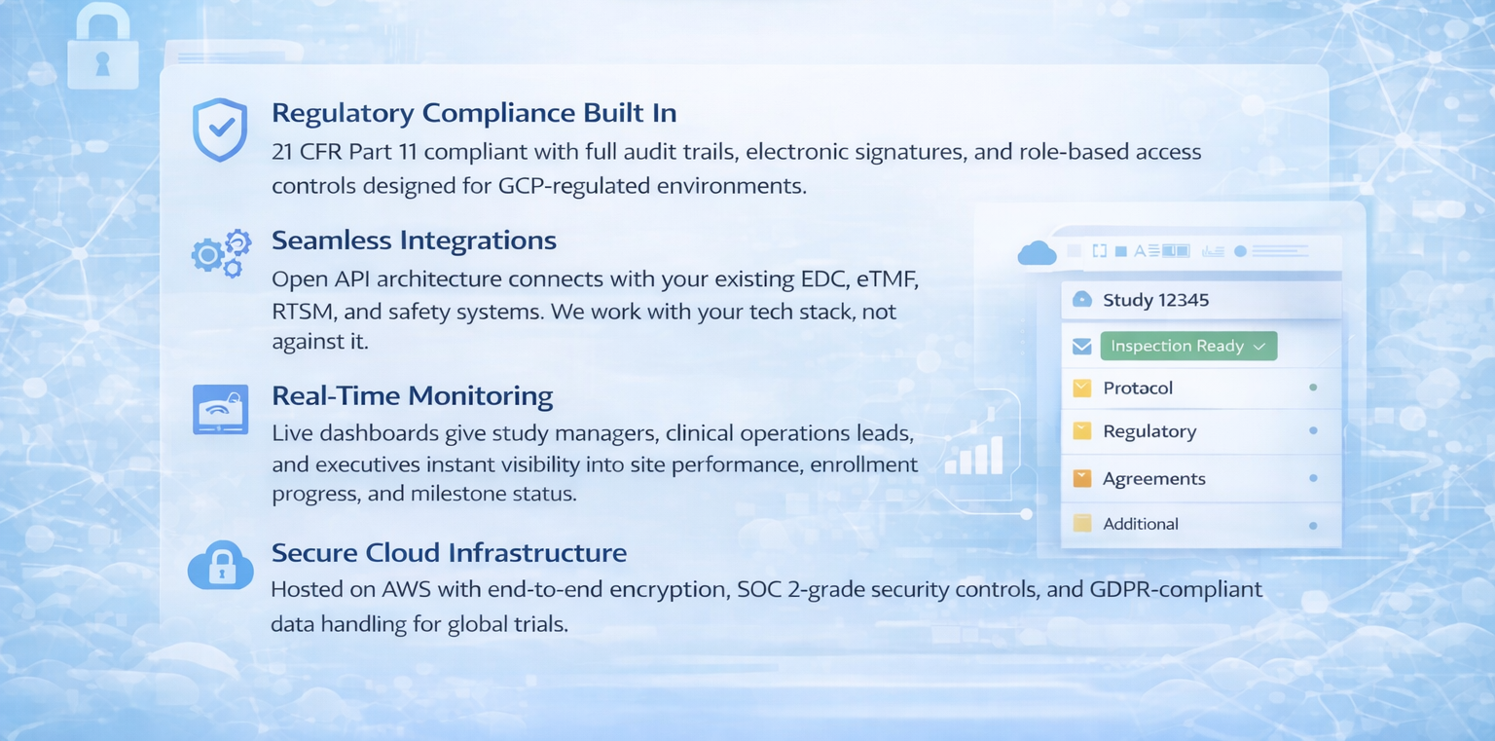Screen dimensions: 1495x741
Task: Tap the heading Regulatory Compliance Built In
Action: (x=474, y=113)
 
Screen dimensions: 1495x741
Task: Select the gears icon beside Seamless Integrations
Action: (x=222, y=254)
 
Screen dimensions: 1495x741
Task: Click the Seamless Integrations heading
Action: (x=414, y=241)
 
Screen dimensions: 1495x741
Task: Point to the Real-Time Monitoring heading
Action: (x=412, y=396)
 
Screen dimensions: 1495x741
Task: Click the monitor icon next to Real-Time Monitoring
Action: (x=220, y=409)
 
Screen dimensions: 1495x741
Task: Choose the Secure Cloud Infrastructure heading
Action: (x=449, y=553)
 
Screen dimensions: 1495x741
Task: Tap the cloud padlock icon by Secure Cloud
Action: (x=221, y=566)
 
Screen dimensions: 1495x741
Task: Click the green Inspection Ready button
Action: (x=1188, y=346)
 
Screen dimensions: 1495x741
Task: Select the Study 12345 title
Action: (x=1156, y=300)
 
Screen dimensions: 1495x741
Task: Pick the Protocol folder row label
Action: (x=1138, y=388)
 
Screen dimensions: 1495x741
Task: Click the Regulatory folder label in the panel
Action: (x=1149, y=432)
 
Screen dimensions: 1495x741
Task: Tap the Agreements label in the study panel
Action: (x=1154, y=479)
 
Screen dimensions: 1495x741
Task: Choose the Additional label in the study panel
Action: (x=1141, y=524)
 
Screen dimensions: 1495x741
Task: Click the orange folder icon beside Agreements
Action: (x=1082, y=478)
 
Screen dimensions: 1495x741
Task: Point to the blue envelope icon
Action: (x=1082, y=346)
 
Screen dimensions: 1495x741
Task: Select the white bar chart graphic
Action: (x=974, y=456)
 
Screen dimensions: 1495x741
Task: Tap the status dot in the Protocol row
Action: (x=1313, y=388)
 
